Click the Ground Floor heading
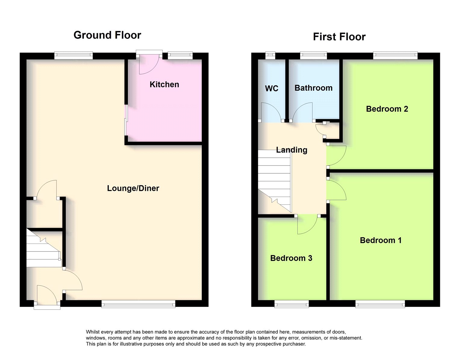(107, 35)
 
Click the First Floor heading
(339, 37)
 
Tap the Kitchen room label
(164, 84)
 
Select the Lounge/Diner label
(133, 188)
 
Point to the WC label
(272, 88)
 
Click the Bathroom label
(313, 88)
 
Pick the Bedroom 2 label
(387, 109)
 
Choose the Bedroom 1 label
(381, 240)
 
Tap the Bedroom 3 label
(291, 258)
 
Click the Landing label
(291, 150)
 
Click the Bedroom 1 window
(380, 304)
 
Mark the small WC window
(270, 55)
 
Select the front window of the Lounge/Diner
(138, 304)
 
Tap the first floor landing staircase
(275, 181)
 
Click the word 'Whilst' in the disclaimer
(93, 332)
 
